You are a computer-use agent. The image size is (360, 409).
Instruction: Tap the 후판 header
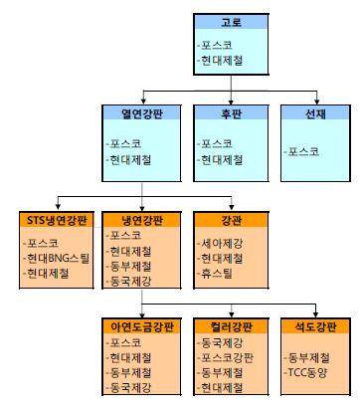click(x=229, y=114)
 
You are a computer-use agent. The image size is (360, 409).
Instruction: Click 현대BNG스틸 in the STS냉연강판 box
click(x=58, y=258)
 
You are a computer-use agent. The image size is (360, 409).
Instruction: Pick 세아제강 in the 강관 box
click(x=222, y=242)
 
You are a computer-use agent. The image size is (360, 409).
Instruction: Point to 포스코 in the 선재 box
click(x=303, y=151)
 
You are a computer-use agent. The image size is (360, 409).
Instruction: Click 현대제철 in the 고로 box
click(x=221, y=63)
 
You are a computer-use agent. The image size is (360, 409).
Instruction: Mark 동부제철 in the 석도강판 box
click(x=309, y=356)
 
